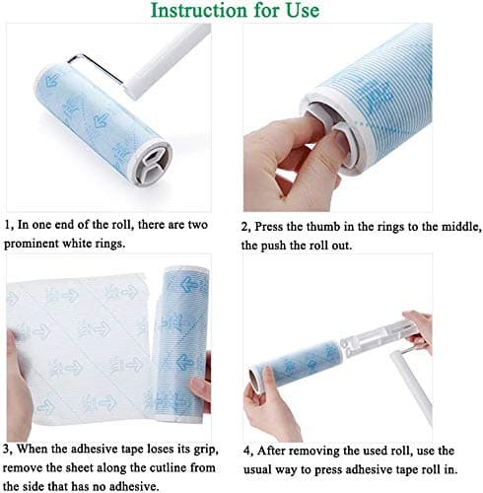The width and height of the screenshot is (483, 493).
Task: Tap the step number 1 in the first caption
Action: point(9,225)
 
